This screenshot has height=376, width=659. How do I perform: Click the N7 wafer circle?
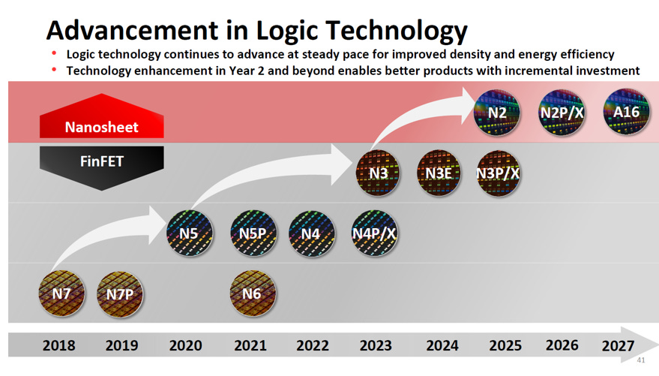pos(61,293)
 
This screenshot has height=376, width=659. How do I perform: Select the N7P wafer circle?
pos(120,293)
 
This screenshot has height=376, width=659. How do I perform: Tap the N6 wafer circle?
pos(252,293)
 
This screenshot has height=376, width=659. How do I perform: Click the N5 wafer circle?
pos(189,233)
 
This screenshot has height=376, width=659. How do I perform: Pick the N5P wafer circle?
pos(252,233)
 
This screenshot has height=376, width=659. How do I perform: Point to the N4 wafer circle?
pos(311,233)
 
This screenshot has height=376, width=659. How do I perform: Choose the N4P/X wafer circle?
pos(374,233)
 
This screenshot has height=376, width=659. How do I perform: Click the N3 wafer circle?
pos(378,173)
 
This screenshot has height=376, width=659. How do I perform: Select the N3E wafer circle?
pos(438,173)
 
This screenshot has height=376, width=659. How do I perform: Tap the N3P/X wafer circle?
pos(499,173)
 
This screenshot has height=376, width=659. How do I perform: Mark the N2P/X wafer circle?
pos(562,113)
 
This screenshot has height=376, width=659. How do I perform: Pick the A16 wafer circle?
pos(625,113)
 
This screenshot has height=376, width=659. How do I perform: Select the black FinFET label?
pos(101,161)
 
